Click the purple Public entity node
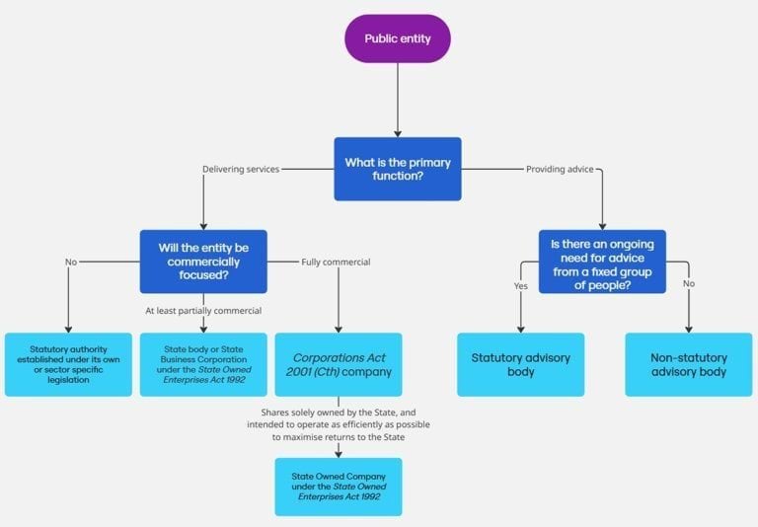click(397, 39)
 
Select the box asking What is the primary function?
click(397, 169)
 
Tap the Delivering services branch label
click(241, 169)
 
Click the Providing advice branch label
click(560, 169)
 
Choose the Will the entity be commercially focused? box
click(203, 262)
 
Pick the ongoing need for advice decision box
click(602, 262)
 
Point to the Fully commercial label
click(336, 262)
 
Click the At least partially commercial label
click(203, 311)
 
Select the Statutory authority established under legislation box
click(68, 364)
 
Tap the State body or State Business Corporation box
click(203, 364)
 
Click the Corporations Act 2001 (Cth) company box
click(339, 364)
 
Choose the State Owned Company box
click(339, 487)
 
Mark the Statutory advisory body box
click(520, 364)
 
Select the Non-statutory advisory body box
click(689, 364)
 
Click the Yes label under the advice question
click(520, 286)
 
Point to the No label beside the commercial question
click(71, 262)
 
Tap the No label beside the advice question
click(689, 282)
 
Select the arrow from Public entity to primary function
click(397, 99)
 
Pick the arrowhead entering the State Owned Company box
click(339, 453)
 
